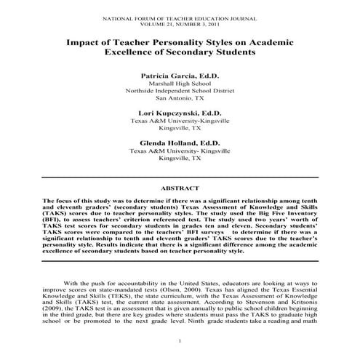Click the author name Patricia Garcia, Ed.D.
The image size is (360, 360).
(x=179, y=75)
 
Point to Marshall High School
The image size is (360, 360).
(x=179, y=84)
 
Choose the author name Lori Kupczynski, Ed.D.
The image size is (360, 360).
(x=179, y=113)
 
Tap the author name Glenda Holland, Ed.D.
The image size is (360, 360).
(x=179, y=143)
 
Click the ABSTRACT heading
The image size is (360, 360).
(x=179, y=187)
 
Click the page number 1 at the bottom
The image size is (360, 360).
(x=180, y=341)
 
